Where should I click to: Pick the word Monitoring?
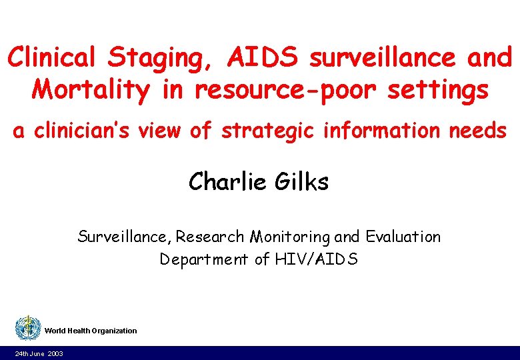tap(291, 237)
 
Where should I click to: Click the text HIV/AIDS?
tap(316, 259)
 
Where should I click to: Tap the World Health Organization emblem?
tap(28, 329)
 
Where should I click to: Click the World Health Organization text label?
tap(91, 331)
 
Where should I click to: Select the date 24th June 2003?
tap(39, 353)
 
